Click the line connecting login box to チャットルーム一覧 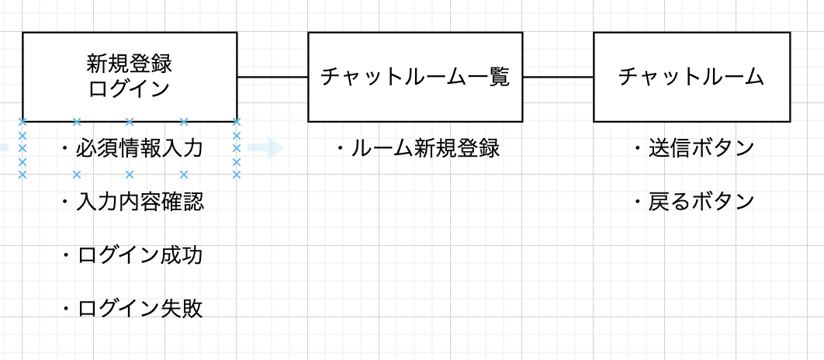pos(272,78)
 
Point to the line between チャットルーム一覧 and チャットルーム pos(558,78)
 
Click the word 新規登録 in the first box pos(130,63)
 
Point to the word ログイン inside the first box pos(130,88)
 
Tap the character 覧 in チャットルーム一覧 pos(500,78)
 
